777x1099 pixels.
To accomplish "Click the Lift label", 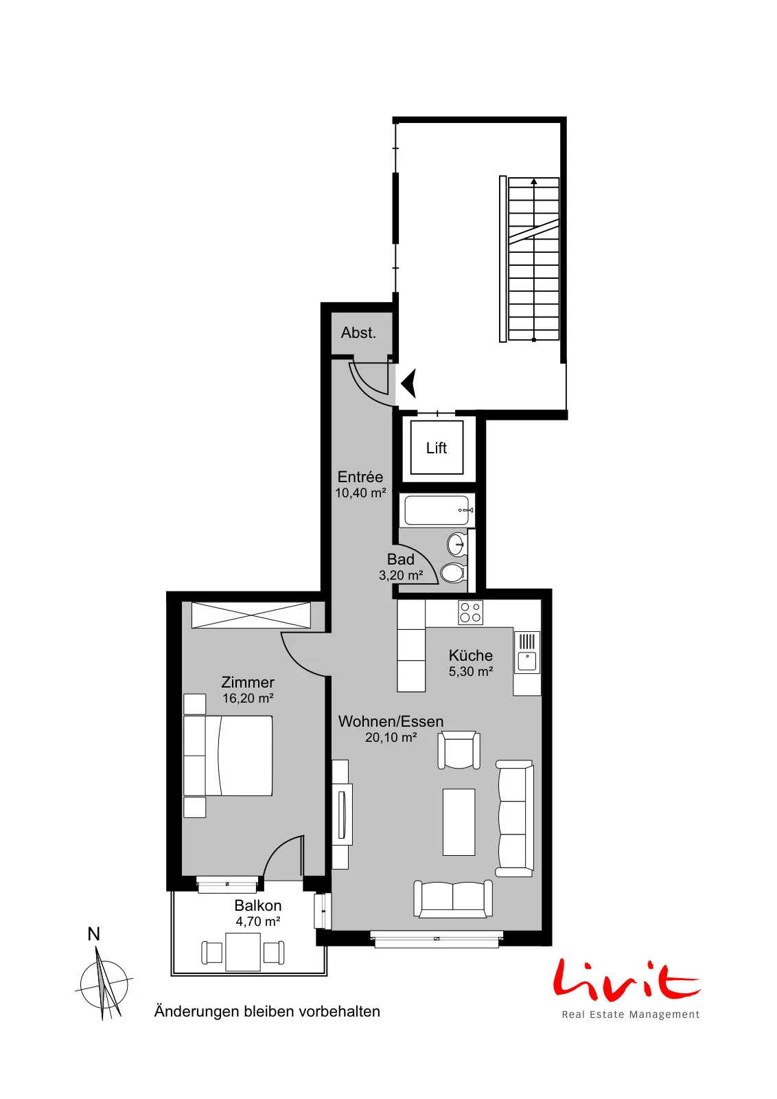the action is (437, 448).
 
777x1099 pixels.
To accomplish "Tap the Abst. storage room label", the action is (358, 332).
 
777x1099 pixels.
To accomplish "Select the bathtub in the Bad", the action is (437, 510).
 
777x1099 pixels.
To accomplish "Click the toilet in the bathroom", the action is (454, 572).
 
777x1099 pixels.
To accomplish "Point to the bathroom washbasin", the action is (457, 544).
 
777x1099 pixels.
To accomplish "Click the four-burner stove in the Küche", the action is (471, 613).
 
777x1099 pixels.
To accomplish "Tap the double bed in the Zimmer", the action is (228, 756).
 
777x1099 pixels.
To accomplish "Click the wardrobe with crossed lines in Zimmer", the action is (251, 615).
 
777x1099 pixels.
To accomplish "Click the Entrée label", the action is (360, 477).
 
